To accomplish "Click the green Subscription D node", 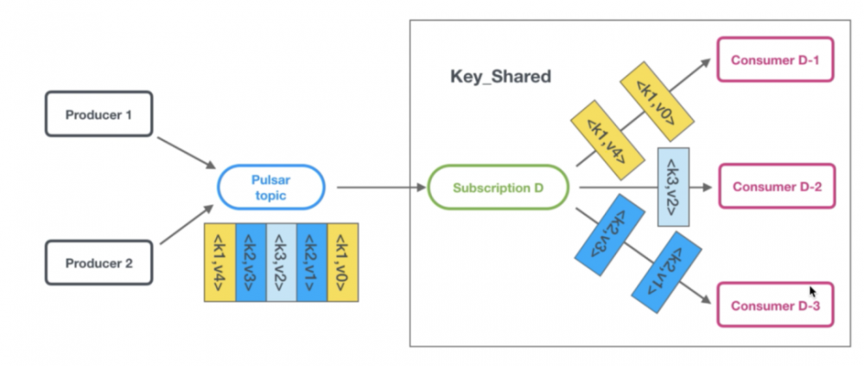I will pos(499,187).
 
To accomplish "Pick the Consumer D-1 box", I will pos(775,60).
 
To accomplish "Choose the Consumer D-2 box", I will pos(775,187).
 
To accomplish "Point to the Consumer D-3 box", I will pos(775,305).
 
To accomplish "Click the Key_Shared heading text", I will pos(500,76).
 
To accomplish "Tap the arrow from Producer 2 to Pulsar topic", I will pos(183,227).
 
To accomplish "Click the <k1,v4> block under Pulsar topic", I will pos(219,262).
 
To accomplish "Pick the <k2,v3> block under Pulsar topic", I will pos(250,262).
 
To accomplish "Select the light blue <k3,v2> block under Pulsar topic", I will pos(281,262).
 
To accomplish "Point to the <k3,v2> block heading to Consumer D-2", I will pos(673,187).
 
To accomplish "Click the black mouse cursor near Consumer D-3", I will pos(812,292).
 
